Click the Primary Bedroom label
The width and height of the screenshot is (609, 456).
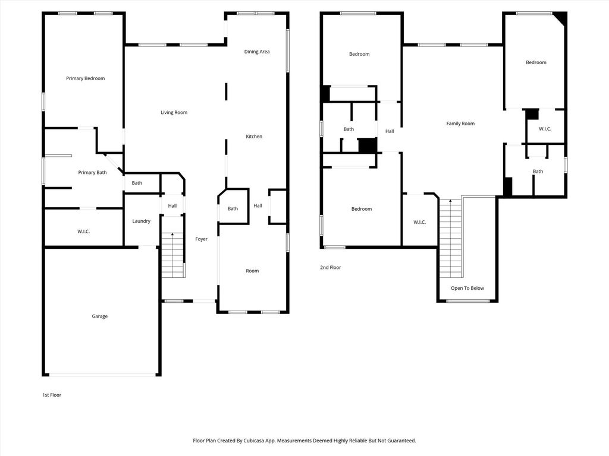point(86,78)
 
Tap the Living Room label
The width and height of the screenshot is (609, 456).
point(174,112)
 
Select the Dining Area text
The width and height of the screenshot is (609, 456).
point(257,52)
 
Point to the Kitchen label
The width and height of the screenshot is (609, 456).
point(254,137)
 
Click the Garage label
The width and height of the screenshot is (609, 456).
point(100,316)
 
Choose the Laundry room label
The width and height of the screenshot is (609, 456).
point(142,221)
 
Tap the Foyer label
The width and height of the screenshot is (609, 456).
point(201,239)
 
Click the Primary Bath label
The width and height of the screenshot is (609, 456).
point(92,173)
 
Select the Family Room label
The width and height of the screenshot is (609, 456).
point(460,123)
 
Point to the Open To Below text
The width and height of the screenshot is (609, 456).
point(467,288)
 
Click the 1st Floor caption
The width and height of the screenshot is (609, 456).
point(52,395)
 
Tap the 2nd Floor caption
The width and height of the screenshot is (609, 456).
point(331,267)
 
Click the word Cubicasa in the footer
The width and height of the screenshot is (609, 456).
point(254,441)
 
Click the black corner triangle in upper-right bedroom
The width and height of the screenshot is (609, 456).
point(561,17)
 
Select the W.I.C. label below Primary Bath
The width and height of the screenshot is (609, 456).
point(83,232)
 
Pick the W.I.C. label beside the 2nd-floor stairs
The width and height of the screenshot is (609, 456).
point(419,222)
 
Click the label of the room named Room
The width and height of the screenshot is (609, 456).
point(252,271)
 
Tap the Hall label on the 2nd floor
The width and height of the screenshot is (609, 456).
point(390,131)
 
